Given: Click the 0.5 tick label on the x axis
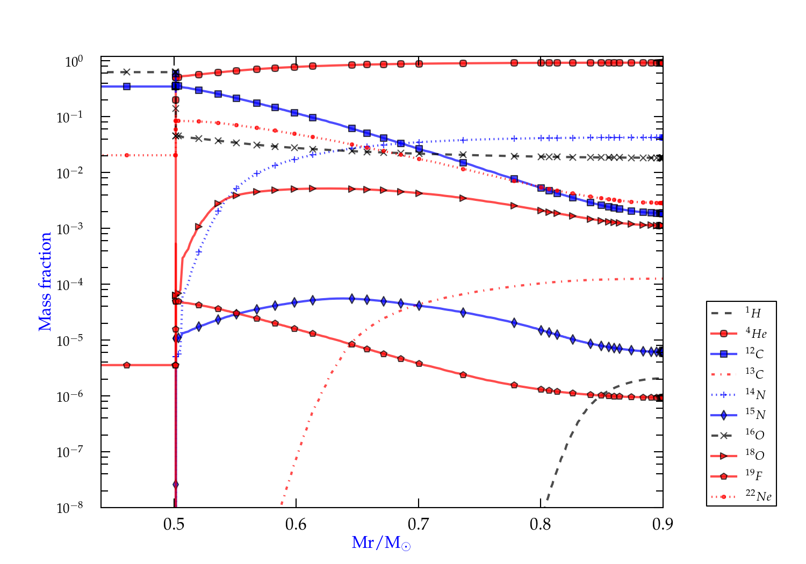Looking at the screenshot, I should (x=174, y=524).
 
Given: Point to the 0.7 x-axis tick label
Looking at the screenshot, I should (x=419, y=524).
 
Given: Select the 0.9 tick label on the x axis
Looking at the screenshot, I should (x=663, y=524).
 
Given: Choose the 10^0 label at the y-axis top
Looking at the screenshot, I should (x=74, y=61).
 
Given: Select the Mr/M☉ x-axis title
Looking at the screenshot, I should (x=382, y=543).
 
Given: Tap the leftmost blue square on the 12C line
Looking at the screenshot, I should (x=127, y=86).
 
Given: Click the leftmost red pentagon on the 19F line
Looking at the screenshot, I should (x=127, y=365).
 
